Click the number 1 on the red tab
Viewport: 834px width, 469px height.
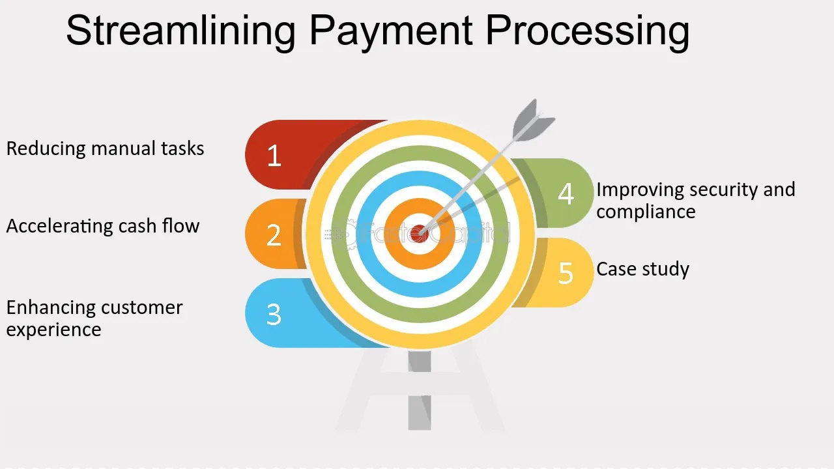click(274, 155)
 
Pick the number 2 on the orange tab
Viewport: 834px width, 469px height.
click(274, 235)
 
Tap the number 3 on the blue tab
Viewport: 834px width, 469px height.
click(274, 314)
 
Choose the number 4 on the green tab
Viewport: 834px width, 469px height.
click(566, 193)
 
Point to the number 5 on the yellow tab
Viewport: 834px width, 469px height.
click(566, 273)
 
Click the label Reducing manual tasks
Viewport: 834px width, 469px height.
click(106, 148)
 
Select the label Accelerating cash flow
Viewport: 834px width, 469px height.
click(103, 226)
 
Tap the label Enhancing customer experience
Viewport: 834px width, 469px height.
click(94, 319)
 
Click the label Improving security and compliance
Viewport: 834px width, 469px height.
click(695, 201)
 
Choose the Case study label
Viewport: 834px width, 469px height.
click(642, 269)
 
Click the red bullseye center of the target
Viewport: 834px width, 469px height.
click(419, 234)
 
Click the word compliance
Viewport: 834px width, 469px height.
click(646, 212)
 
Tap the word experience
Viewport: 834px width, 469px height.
click(54, 330)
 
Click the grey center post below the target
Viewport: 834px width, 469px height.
click(420, 390)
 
